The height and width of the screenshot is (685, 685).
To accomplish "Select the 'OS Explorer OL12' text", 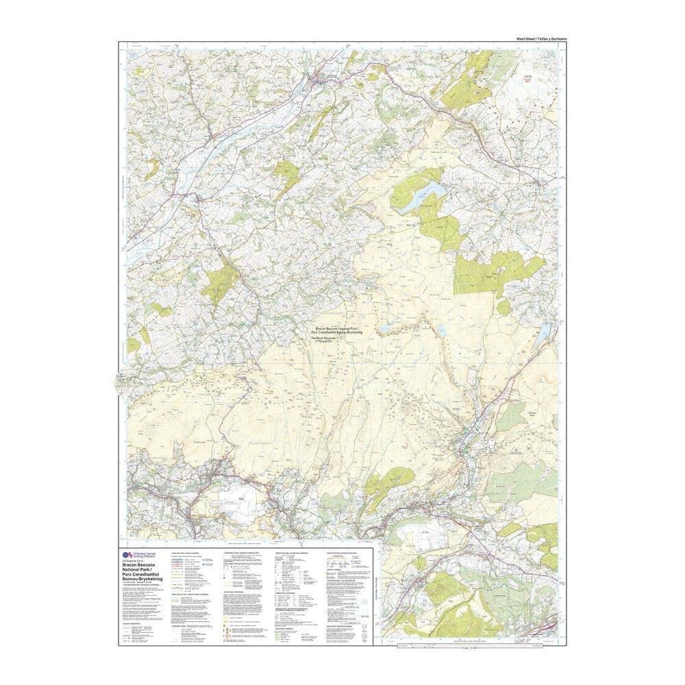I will pos(133,561).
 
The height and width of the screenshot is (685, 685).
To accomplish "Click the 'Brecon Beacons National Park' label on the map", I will pos(335,329).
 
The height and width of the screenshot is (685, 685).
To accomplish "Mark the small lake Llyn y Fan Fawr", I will pos(442,332).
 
